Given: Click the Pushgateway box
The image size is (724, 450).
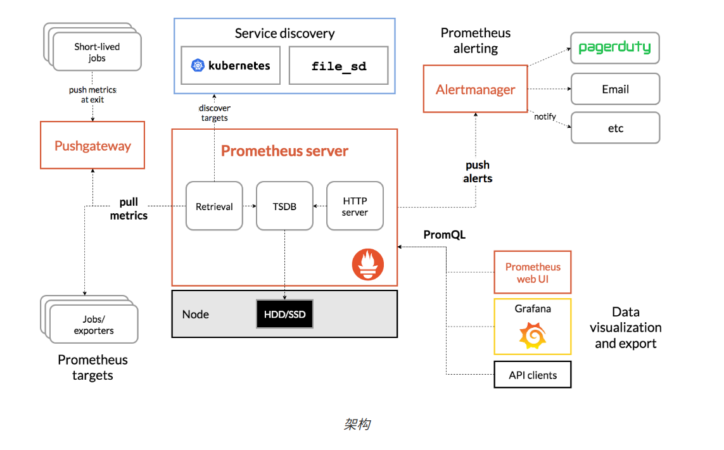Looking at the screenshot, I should click(x=92, y=146).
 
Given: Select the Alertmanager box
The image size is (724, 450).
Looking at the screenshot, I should click(x=475, y=89).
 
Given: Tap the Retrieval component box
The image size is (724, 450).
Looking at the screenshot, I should click(x=214, y=206).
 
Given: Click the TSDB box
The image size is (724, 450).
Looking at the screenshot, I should click(x=284, y=206).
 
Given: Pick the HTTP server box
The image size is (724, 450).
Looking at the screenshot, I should click(x=355, y=206).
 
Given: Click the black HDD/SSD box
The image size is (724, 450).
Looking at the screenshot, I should click(x=284, y=314).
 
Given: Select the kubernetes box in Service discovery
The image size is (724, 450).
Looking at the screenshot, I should click(x=231, y=65).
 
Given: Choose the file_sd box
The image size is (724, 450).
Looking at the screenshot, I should click(x=339, y=65).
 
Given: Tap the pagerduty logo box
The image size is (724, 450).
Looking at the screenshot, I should click(x=615, y=48).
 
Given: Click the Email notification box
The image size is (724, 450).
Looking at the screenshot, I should click(x=615, y=89).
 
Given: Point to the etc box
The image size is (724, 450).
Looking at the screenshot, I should click(x=615, y=128).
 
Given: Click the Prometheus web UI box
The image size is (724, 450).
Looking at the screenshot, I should click(x=532, y=273).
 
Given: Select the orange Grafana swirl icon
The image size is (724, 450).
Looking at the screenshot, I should click(x=532, y=335).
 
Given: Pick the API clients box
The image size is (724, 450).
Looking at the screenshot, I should click(x=532, y=375).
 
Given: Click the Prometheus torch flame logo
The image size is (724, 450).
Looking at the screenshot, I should click(x=367, y=265).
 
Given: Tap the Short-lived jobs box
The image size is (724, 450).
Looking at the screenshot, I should click(x=97, y=52).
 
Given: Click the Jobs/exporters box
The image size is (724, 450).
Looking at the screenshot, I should click(x=94, y=325).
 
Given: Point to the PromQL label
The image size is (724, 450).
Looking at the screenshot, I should click(x=444, y=235).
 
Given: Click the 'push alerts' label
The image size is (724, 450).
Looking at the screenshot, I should click(x=478, y=172).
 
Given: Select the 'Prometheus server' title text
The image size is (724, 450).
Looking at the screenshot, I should click(x=284, y=151).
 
